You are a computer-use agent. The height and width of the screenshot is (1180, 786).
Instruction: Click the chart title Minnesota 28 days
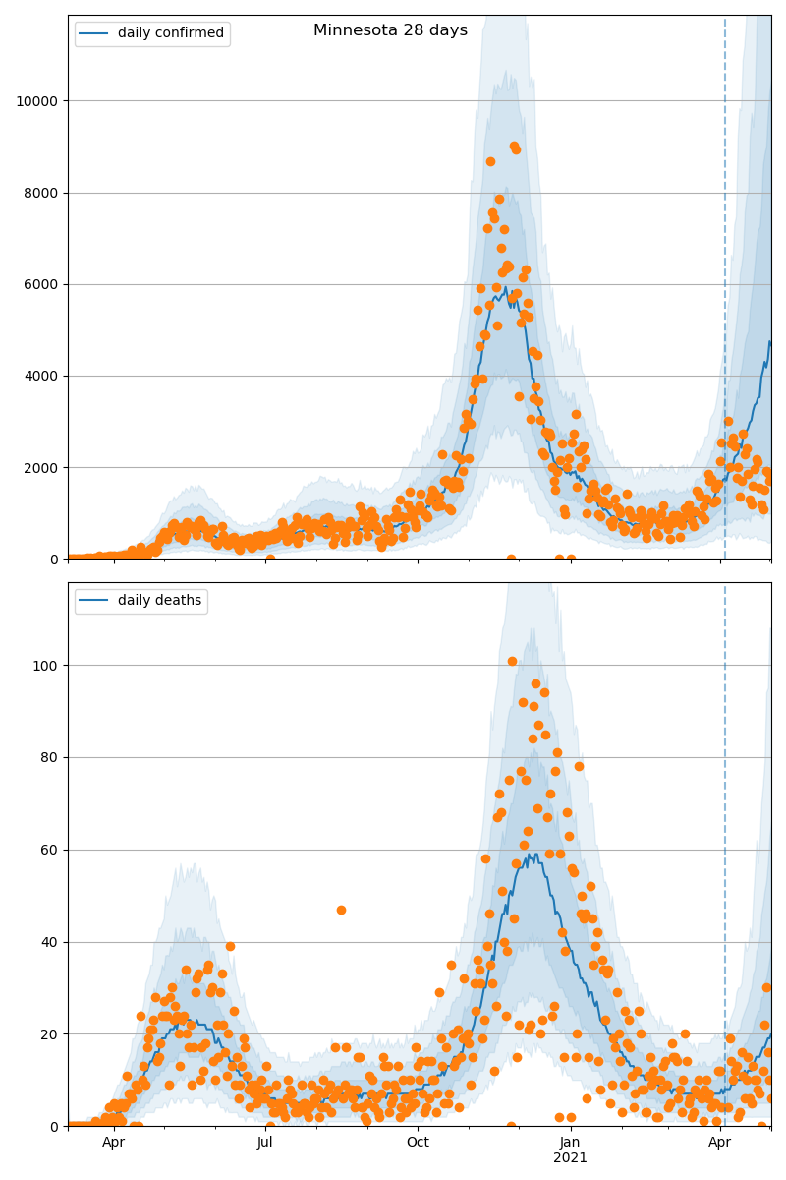[390, 30]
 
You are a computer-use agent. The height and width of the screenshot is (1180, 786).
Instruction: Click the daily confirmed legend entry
[170, 33]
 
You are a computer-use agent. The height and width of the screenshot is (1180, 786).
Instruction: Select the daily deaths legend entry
[159, 601]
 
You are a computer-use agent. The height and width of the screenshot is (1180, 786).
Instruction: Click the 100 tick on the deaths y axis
[45, 666]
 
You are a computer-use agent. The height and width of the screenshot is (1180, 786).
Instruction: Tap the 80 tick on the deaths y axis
[49, 758]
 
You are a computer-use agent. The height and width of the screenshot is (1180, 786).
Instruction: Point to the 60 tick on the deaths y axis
[49, 850]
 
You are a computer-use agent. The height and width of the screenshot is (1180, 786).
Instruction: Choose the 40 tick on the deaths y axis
[49, 942]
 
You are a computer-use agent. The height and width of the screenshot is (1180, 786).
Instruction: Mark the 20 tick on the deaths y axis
[49, 1034]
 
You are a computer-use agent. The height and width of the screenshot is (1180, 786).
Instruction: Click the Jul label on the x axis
[265, 1143]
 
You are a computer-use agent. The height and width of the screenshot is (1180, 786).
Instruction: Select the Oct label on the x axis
[418, 1143]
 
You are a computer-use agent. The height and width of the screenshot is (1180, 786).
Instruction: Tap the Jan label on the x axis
[570, 1143]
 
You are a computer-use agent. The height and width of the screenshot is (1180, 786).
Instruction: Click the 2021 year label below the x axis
[570, 1158]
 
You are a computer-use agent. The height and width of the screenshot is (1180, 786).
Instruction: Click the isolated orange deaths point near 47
[341, 911]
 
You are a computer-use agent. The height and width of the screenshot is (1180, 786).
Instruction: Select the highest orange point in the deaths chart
[512, 661]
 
